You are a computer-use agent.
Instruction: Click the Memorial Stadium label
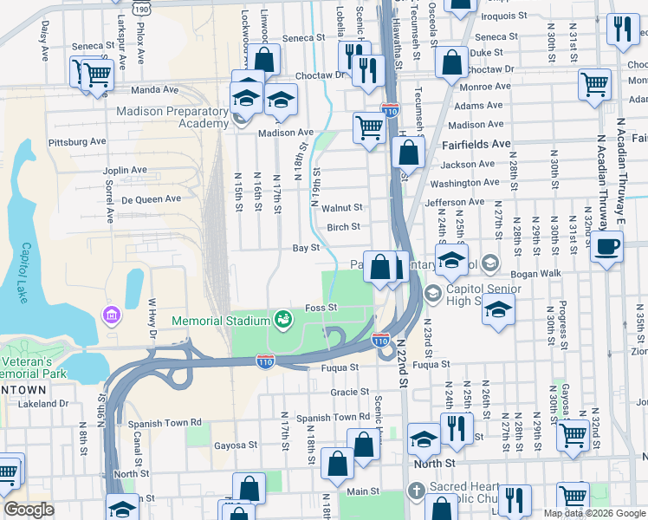point(222,321)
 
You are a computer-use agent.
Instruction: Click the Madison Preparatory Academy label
point(173,116)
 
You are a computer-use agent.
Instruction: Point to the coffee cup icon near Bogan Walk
point(606,246)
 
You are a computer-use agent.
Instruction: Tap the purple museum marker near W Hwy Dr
point(110,313)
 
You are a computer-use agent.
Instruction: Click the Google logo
point(29,510)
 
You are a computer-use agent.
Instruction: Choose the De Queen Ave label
point(151,198)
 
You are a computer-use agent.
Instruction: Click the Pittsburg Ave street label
point(76,141)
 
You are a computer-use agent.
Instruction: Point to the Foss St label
point(321,308)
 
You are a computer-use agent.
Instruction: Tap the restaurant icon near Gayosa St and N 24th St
point(454,426)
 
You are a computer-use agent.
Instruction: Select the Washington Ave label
point(464,183)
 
